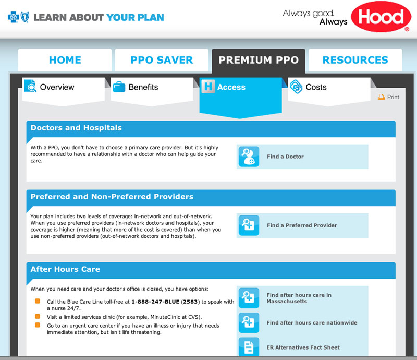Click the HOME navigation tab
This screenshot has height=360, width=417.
tap(65, 60)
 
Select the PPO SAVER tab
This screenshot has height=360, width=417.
tap(162, 60)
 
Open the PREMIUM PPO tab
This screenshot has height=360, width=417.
tap(259, 60)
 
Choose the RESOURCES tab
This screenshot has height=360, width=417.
tap(355, 60)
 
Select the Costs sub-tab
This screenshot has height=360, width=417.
tap(316, 87)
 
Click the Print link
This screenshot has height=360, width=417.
tap(389, 97)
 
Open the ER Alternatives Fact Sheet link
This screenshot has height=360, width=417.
tap(302, 347)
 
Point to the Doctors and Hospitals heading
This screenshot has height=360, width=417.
tap(76, 128)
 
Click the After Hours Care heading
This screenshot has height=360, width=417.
tap(65, 270)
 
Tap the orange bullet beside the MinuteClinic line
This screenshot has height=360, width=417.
tap(38, 317)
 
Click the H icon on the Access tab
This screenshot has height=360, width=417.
tap(208, 87)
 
